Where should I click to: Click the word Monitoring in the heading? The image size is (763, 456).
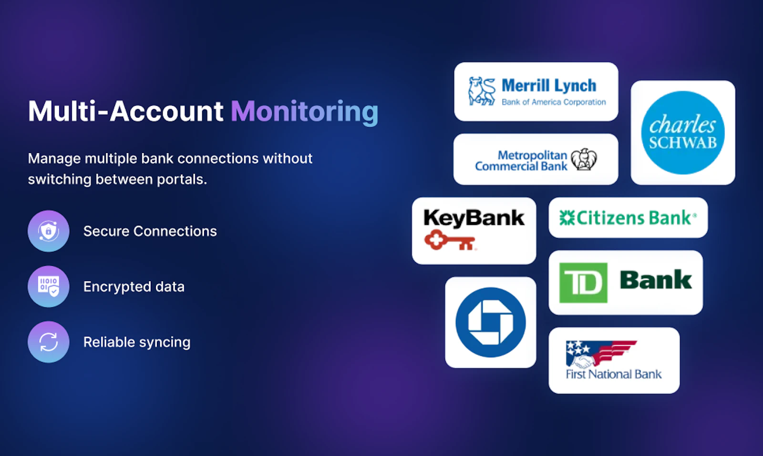coord(304,111)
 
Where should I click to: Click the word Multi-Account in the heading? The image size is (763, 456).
coord(125,111)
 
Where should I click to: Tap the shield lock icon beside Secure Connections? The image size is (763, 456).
coord(49,231)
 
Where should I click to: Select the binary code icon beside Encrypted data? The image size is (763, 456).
coord(49,286)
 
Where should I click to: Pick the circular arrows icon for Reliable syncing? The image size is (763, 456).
coord(49,342)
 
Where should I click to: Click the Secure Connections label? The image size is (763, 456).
coord(150,231)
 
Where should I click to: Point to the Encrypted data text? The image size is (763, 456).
coord(134,286)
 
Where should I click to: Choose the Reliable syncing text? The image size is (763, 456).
coord(137,342)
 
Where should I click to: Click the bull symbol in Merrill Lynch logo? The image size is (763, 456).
coord(482,91)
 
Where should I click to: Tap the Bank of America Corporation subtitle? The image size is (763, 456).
coord(553,102)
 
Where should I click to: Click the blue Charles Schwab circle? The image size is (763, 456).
coord(683,132)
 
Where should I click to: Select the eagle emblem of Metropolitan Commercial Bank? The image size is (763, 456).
coord(584,159)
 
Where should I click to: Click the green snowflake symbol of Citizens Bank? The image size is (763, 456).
coord(567,218)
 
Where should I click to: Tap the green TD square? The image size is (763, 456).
coord(583,283)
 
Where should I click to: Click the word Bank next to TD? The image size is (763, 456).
coord(656,280)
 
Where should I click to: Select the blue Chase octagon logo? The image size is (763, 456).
coord(490,323)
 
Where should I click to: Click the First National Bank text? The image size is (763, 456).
coord(613,375)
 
